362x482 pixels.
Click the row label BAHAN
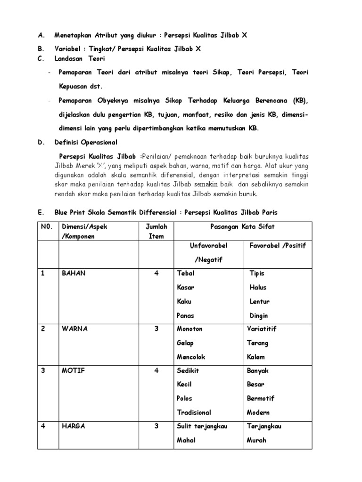point(74,273)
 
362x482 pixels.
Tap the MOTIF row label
point(73,370)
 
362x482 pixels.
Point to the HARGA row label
point(74,426)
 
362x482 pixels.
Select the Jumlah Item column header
point(156,232)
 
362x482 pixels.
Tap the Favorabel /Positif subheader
point(277,246)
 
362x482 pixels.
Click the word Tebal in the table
point(185,273)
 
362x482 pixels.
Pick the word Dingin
point(259,316)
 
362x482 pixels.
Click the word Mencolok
point(191,357)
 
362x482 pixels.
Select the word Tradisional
point(194,413)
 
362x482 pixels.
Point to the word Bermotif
point(261,399)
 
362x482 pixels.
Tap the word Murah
point(256,441)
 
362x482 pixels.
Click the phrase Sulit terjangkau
point(202,426)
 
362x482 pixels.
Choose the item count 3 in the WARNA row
point(156,329)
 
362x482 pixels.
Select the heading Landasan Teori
point(80,59)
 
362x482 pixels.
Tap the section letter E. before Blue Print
point(41,212)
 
